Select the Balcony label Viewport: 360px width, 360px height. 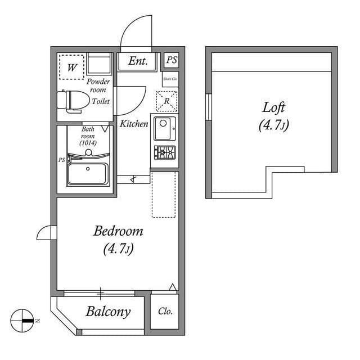[x=108, y=312]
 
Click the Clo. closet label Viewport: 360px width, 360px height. [x=165, y=311]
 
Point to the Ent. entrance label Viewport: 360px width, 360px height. [x=138, y=61]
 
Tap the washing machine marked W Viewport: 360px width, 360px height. [x=72, y=67]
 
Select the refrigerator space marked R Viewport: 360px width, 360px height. [x=166, y=101]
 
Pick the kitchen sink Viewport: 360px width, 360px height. [x=165, y=128]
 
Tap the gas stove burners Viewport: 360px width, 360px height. [x=165, y=152]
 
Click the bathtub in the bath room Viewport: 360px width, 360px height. [x=88, y=174]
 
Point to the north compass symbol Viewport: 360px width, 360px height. [x=22, y=320]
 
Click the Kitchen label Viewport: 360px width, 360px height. [x=134, y=124]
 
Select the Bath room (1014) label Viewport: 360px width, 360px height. [x=88, y=136]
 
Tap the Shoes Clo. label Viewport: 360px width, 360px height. [x=170, y=79]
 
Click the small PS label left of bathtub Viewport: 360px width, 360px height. [x=61, y=160]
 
